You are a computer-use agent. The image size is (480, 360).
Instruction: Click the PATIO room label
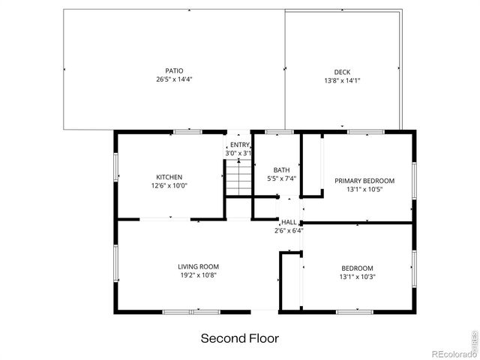click(174, 70)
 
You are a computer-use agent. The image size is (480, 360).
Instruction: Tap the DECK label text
click(342, 72)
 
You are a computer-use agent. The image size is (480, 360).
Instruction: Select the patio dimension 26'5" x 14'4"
click(174, 79)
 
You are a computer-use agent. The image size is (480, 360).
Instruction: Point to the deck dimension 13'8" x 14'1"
click(342, 80)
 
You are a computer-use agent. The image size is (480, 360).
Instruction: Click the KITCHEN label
click(169, 177)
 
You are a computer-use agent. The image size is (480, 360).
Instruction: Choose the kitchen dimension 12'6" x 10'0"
click(169, 185)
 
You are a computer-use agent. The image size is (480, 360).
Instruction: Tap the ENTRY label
click(239, 145)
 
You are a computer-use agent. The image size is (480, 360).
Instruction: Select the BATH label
click(282, 169)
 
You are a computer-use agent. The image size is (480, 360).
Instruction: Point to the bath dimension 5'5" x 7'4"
click(282, 178)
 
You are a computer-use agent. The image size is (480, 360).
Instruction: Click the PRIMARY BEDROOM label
click(364, 181)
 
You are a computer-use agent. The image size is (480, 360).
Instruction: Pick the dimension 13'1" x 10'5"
click(364, 189)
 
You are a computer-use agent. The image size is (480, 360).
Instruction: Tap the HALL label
click(289, 222)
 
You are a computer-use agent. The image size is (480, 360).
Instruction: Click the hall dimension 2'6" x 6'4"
click(289, 230)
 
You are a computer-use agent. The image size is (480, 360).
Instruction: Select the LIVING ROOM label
click(198, 266)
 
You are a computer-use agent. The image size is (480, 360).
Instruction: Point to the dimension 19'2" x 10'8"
click(198, 275)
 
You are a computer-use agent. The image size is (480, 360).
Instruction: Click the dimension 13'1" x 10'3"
click(357, 277)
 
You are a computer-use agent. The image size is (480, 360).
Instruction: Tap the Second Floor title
click(239, 338)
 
